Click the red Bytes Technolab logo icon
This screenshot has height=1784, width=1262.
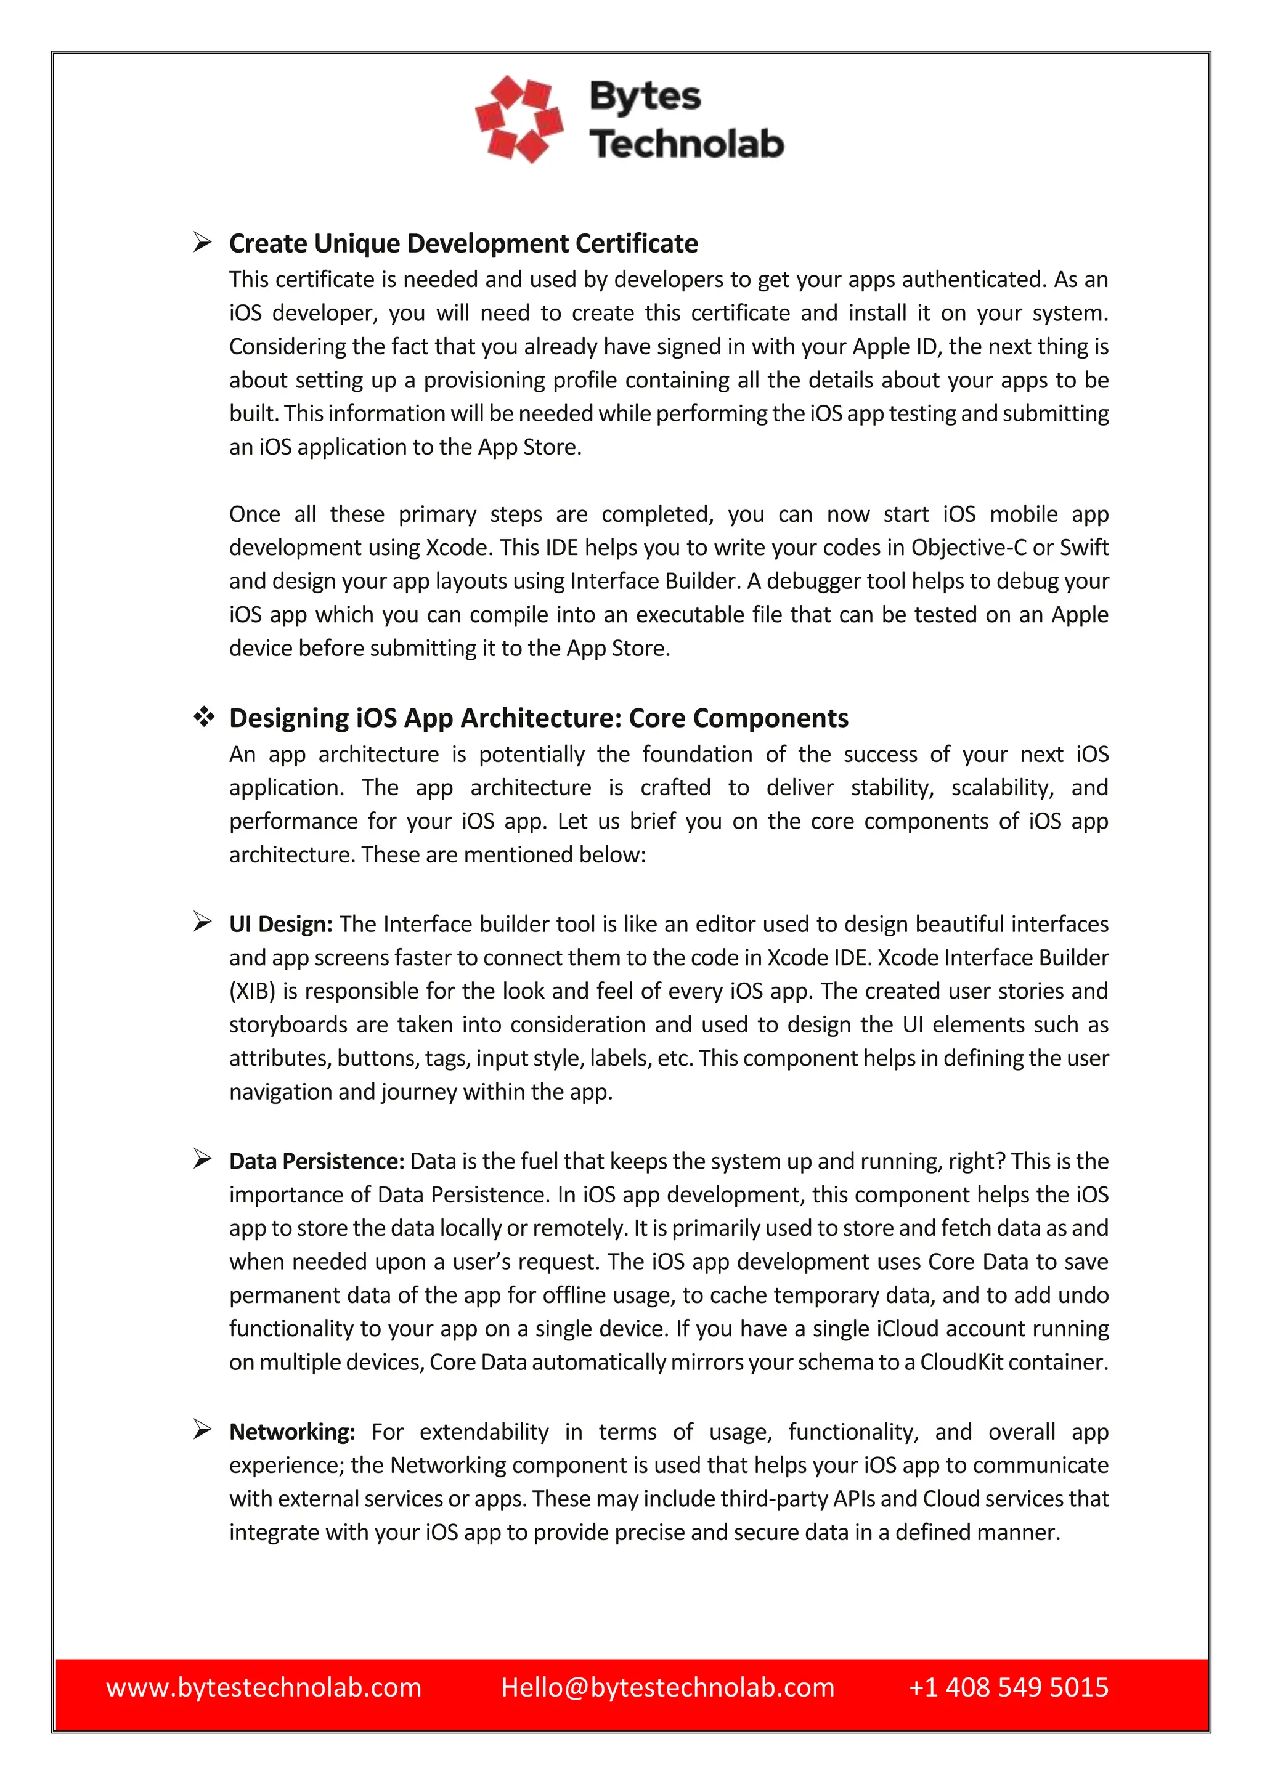click(x=519, y=119)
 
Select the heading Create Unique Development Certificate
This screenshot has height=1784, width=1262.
click(x=463, y=244)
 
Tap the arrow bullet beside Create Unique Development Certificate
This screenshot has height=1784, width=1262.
click(x=203, y=243)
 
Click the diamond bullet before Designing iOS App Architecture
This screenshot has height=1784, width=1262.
click(x=203, y=717)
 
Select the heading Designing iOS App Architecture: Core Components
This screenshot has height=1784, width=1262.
click(x=539, y=718)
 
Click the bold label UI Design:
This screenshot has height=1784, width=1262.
click(x=280, y=925)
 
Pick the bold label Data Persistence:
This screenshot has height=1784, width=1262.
click(x=316, y=1162)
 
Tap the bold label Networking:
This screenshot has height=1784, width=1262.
click(x=292, y=1432)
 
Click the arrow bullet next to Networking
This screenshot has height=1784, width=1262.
click(x=203, y=1430)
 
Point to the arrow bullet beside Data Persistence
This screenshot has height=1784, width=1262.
click(x=203, y=1160)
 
